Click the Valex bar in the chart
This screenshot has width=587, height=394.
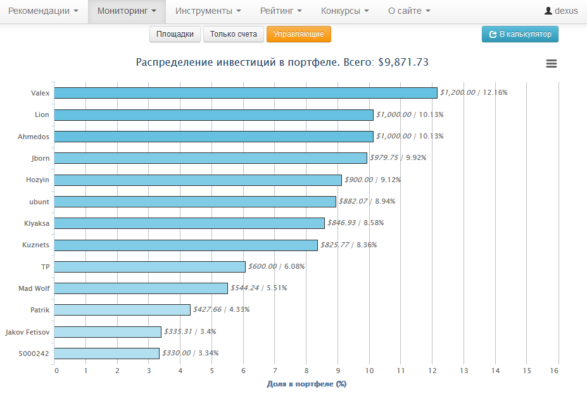(x=246, y=93)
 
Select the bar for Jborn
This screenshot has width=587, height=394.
(x=211, y=158)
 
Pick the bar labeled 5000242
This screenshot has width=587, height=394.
(x=107, y=354)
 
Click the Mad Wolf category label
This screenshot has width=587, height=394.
(x=34, y=288)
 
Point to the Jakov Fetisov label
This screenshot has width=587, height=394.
(x=27, y=332)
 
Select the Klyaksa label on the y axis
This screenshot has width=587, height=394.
(x=36, y=223)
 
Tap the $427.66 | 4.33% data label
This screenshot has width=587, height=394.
(x=221, y=310)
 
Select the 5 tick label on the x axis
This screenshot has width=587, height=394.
(x=212, y=371)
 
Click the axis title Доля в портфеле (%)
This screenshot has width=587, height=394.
(x=306, y=384)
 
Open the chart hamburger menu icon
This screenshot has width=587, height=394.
(x=552, y=63)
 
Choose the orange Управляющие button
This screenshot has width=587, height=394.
(x=299, y=34)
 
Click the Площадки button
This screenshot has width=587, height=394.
(x=175, y=34)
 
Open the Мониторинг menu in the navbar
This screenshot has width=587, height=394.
(x=127, y=11)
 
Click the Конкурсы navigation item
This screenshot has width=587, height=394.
(x=344, y=11)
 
